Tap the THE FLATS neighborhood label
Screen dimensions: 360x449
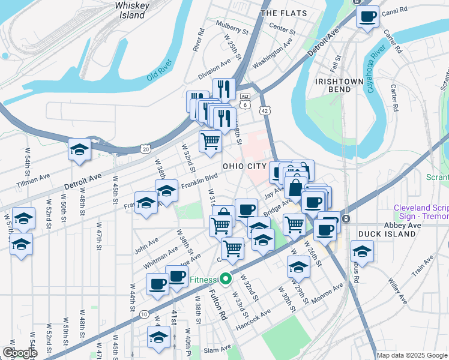[x=285, y=13]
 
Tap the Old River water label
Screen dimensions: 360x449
[x=160, y=76]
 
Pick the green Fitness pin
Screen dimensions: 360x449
[x=225, y=279]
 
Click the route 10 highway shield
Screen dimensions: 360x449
[x=144, y=314]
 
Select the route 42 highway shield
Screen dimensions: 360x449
[x=265, y=110]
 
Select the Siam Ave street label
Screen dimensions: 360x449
[x=217, y=349]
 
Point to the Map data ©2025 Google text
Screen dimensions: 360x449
[x=411, y=355]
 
